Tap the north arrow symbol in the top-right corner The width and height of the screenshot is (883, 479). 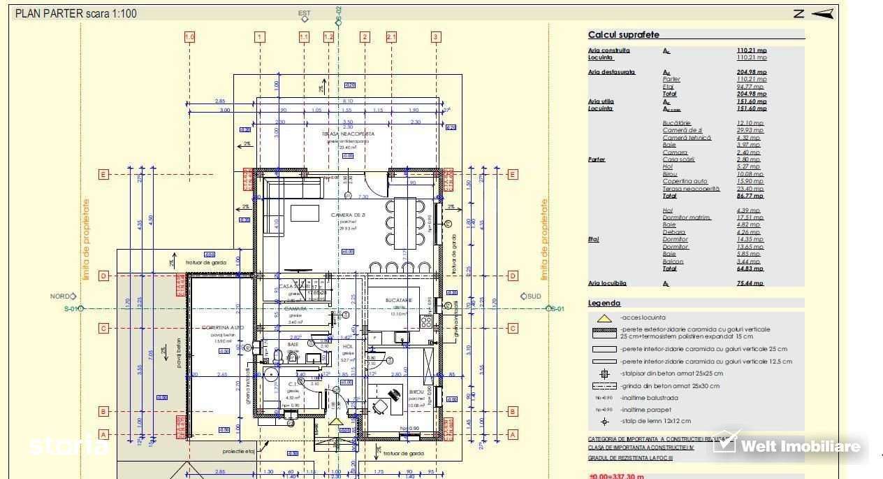tap(823, 13)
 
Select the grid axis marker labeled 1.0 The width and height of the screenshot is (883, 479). tap(189, 37)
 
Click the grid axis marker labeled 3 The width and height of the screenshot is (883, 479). tap(436, 37)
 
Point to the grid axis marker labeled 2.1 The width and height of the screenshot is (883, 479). tap(391, 37)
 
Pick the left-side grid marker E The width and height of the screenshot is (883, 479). tap(103, 174)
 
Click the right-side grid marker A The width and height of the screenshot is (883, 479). tap(513, 434)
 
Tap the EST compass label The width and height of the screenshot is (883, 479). tap(304, 13)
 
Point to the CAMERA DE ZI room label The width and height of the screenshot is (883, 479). tap(348, 215)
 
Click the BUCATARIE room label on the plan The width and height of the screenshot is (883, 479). tap(399, 300)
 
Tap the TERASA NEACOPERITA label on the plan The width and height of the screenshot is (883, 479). tap(348, 134)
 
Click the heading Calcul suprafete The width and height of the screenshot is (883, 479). tap(623, 34)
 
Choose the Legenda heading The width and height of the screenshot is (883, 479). tap(604, 303)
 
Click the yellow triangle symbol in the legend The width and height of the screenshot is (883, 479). tap(605, 318)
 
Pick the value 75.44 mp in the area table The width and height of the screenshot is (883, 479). tap(751, 283)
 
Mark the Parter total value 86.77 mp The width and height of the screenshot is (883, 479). tap(751, 196)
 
